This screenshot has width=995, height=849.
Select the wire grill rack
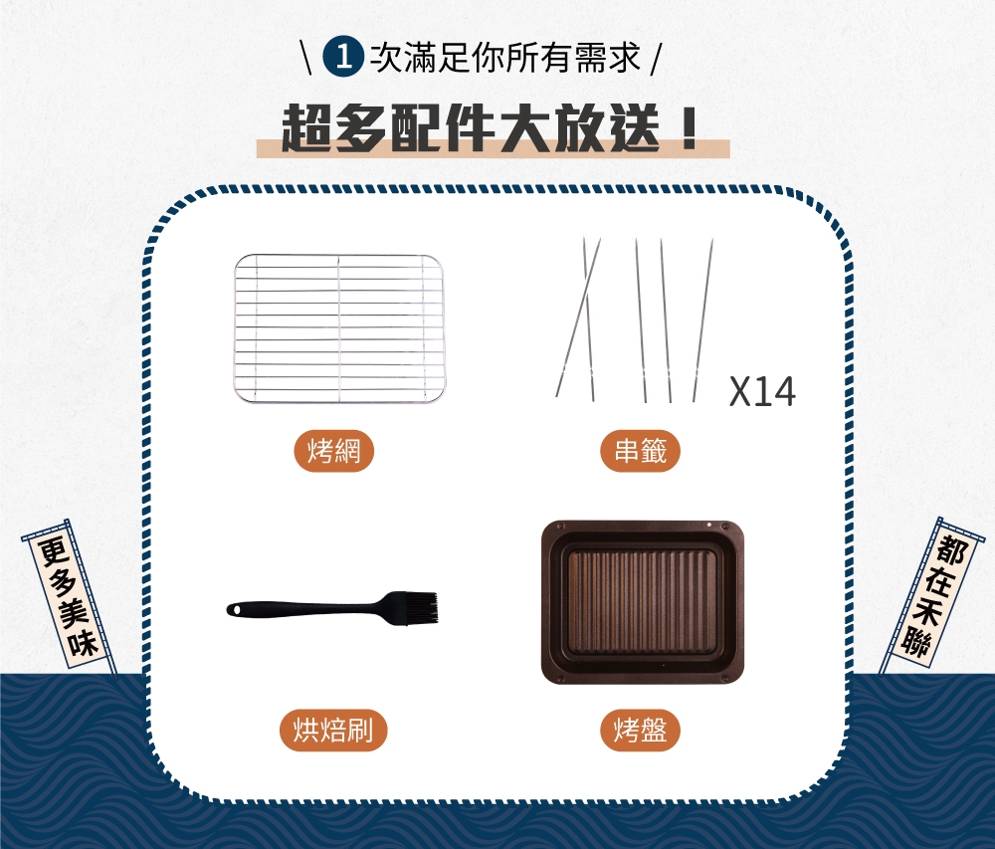(x=338, y=328)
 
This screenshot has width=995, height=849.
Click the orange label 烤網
(x=333, y=452)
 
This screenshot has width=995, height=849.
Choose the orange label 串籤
(x=640, y=452)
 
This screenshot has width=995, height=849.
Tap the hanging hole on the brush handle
(x=237, y=608)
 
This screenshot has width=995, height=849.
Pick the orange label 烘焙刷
(x=333, y=731)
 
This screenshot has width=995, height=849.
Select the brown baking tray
(x=642, y=601)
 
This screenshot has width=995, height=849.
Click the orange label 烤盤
(x=640, y=731)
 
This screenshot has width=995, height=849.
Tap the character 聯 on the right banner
(x=911, y=645)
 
